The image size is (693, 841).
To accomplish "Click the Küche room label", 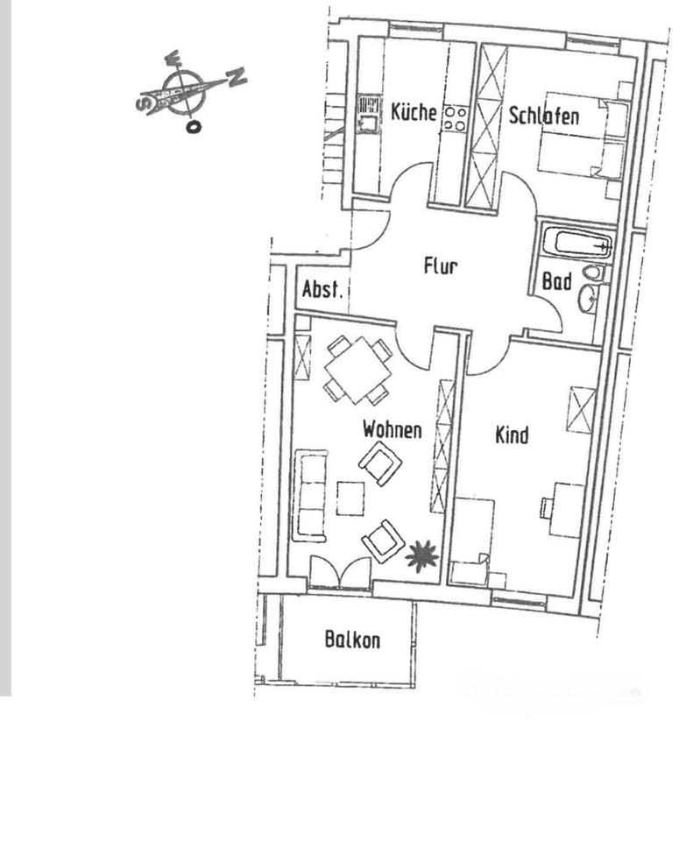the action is pos(414,113).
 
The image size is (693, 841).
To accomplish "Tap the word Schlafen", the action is pos(543,117).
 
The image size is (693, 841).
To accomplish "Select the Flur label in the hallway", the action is pos(440,267).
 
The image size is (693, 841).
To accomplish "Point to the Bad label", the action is pos(557,282).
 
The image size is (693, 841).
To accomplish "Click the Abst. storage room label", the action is pos(323,290).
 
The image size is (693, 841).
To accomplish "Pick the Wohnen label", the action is pos(392,430).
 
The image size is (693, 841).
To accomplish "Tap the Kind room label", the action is pos(512,435).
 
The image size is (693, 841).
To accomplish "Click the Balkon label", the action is pos(352,640).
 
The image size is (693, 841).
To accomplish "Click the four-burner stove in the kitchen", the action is pos(455,118).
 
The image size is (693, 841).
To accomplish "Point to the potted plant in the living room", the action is pos(421,555).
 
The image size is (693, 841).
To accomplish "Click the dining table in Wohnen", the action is pos(357,370).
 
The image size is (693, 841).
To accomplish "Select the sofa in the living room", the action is pos(311,495).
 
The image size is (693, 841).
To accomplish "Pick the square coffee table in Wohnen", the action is pos(351,498).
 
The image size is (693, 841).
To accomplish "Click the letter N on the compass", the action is pos(237,78).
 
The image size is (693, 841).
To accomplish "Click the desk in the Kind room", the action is pos(565,509).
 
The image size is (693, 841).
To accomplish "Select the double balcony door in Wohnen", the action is pos(340,574).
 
